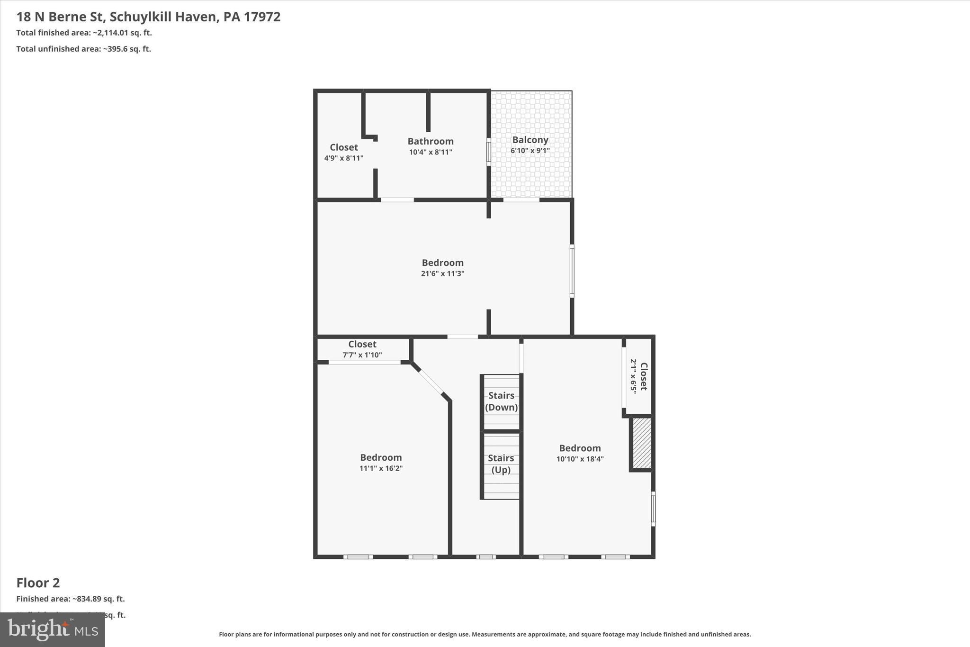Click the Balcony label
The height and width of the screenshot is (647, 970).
(530, 140)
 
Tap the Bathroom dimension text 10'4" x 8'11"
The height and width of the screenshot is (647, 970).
(431, 152)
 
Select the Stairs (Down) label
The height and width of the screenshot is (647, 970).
(501, 401)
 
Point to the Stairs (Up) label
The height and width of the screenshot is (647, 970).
(501, 464)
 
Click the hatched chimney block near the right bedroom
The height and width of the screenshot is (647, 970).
(642, 443)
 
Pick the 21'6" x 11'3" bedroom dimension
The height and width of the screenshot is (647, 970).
(442, 273)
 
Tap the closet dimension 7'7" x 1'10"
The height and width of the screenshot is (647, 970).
(362, 355)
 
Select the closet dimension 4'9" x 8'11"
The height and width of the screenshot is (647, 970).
(343, 158)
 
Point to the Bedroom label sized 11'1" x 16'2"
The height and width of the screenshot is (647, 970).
(381, 457)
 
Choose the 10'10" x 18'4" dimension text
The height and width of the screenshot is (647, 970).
(580, 459)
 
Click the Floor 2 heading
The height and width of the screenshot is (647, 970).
(38, 583)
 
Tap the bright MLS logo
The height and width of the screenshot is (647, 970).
(53, 629)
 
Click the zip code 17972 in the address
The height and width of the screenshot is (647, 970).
(262, 17)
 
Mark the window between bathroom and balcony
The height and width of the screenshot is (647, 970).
(489, 152)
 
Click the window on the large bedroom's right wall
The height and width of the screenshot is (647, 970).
(572, 271)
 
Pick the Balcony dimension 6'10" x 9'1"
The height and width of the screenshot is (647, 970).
(530, 151)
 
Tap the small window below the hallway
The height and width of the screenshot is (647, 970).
(486, 556)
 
